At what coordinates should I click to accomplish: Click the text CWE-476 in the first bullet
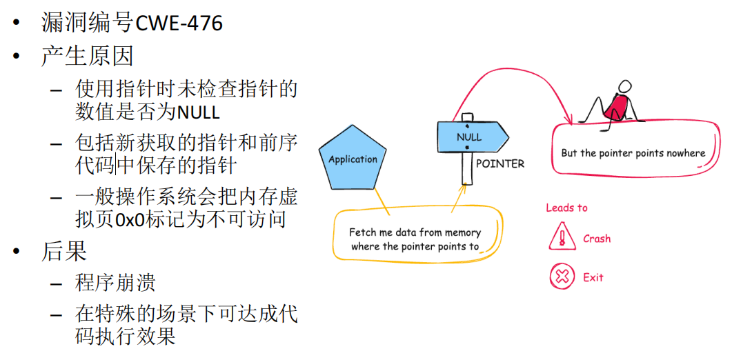(x=179, y=23)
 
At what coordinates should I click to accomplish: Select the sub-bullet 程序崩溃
(x=115, y=283)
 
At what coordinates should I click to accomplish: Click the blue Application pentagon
(x=353, y=160)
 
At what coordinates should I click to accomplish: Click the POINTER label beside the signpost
(x=500, y=164)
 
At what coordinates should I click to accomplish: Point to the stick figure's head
(x=624, y=86)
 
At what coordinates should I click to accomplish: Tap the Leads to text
(x=566, y=208)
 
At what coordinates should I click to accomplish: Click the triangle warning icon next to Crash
(x=562, y=239)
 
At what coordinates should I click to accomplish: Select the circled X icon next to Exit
(x=562, y=277)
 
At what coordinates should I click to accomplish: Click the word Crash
(x=597, y=239)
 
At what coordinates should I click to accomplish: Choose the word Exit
(x=593, y=277)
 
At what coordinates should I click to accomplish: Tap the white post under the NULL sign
(x=467, y=169)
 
